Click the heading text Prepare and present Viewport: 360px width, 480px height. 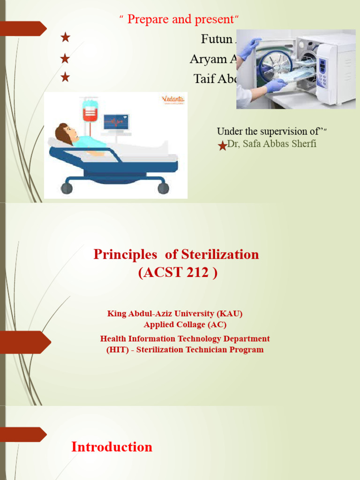pos(180,19)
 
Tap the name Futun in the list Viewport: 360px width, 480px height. pos(217,39)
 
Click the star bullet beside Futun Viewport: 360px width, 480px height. pos(65,38)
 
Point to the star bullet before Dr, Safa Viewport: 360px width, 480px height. pos(223,146)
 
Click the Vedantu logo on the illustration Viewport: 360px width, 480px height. pos(173,99)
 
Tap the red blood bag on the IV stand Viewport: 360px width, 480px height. pos(90,113)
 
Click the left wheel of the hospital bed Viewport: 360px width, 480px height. pos(67,188)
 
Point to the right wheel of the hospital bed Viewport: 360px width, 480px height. pos(163,188)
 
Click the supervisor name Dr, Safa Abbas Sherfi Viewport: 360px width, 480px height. pos(271,144)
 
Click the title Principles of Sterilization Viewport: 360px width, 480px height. pos(176,255)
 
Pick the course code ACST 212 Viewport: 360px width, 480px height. pos(178,272)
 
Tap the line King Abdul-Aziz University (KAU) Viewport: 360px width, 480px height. pos(175,314)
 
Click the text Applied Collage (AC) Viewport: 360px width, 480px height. pos(185,324)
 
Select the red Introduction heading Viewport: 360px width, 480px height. pos(112,447)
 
